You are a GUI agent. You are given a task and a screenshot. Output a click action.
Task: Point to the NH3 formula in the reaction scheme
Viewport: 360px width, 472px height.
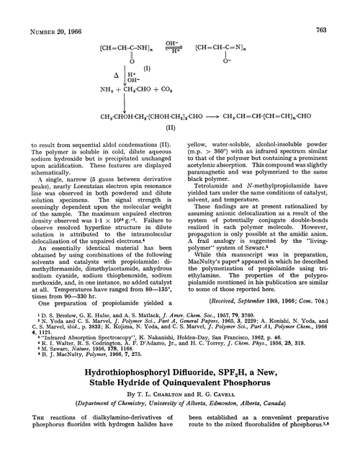coord(103,89)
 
